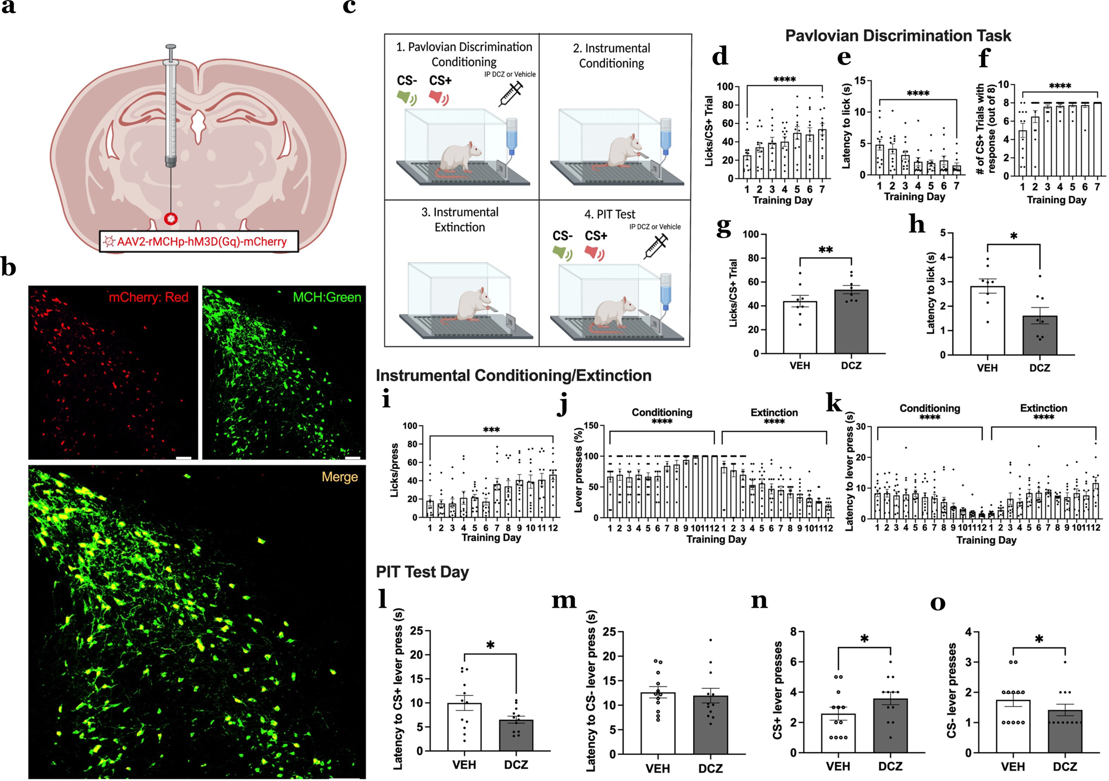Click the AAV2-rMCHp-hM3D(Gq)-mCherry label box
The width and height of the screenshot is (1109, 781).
coord(198,242)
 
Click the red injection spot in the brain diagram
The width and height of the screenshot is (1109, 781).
coord(171,218)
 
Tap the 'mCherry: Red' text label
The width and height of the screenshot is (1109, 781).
coord(148,297)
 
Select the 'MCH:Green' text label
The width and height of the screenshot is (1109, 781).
coord(326,297)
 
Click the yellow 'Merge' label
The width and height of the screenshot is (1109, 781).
coord(339,477)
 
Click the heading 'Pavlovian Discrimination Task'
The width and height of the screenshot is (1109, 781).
coord(897,36)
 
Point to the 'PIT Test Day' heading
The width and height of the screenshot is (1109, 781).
coord(422,572)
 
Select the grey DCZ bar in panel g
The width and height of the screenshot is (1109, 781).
coord(851,322)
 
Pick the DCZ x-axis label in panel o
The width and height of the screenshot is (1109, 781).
coord(1065,767)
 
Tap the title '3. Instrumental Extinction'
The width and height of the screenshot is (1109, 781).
coord(459,219)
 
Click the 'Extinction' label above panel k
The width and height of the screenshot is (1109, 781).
coord(1043,408)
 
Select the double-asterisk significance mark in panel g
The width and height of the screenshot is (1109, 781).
coord(825,250)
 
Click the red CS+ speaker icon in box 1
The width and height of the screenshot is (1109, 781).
coord(439,98)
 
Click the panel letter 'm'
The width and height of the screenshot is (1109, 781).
coord(564,600)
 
